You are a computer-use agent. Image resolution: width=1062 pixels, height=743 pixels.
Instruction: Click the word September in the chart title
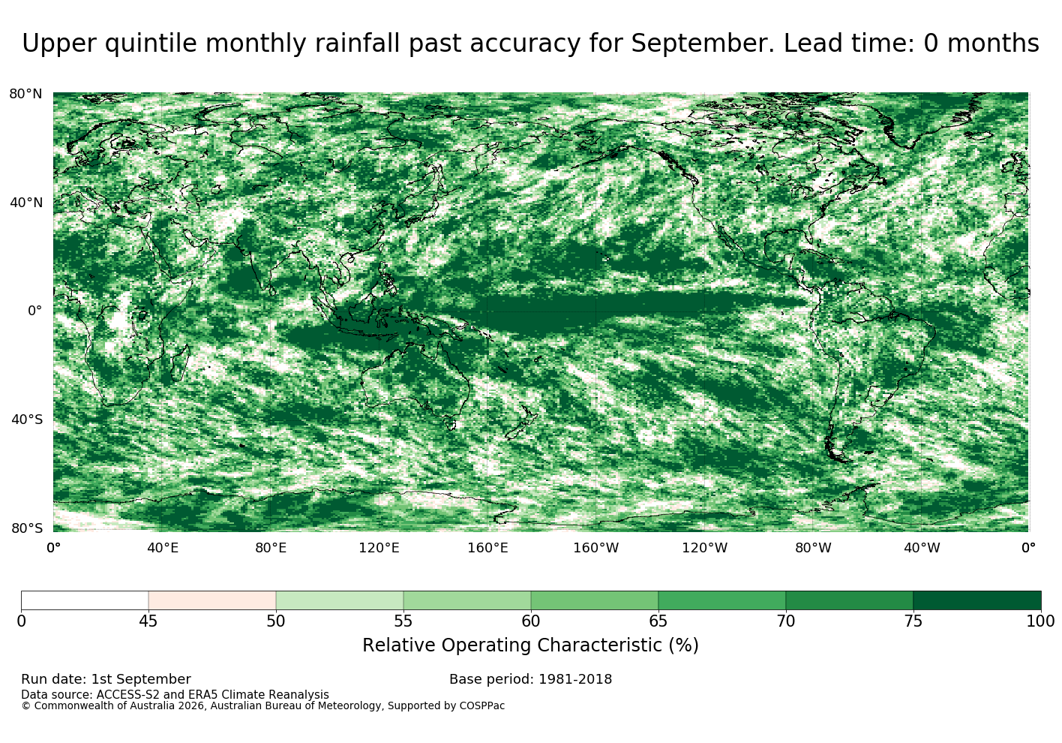702,44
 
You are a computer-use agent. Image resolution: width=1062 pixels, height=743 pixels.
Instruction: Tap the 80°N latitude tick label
25,94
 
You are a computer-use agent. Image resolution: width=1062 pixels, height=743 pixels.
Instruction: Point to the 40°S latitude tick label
27,420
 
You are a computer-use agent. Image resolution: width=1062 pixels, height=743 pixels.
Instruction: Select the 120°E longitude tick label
379,548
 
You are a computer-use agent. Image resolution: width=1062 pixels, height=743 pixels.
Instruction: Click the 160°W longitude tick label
596,548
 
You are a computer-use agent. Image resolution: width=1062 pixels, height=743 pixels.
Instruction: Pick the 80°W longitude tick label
813,548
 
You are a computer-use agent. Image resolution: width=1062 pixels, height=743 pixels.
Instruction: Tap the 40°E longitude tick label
163,548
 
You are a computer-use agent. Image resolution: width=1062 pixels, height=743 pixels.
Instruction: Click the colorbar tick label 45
148,621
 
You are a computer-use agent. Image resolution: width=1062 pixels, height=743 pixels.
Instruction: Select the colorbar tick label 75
913,621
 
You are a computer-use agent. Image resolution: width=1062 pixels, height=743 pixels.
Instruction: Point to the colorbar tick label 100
1041,621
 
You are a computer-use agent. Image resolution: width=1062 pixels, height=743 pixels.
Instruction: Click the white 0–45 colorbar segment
85,600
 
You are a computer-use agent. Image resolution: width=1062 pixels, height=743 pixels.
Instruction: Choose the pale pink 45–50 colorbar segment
212,600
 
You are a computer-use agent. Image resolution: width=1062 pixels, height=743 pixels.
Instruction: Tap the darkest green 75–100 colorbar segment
977,600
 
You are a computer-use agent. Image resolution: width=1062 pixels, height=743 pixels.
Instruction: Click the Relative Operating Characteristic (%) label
530,645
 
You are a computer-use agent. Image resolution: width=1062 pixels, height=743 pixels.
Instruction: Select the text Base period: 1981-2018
530,679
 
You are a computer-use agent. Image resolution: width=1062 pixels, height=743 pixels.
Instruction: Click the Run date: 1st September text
106,679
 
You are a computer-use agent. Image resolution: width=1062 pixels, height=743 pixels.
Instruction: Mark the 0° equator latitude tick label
34,311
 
